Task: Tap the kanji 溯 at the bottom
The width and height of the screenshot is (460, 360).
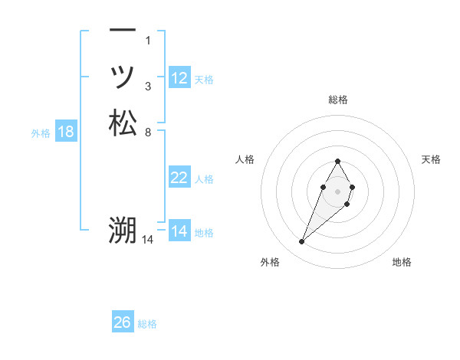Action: pos(123,231)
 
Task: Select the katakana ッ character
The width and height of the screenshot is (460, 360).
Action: pos(123,76)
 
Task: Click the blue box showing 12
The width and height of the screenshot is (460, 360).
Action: pos(179,78)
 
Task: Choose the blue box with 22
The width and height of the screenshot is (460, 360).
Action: pos(179,178)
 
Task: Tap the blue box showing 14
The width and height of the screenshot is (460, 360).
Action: pos(179,231)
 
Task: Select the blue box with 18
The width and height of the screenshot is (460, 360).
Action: pos(66,132)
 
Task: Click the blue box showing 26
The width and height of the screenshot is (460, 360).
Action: pos(123,322)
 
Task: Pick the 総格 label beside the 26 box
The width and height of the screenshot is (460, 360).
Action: pos(147,324)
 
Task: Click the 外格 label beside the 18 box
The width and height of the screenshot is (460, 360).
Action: pos(41,133)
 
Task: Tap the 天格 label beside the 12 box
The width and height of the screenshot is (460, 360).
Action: pos(204,80)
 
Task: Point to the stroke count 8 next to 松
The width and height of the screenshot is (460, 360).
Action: pos(147,132)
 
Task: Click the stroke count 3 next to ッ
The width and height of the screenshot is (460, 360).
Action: pos(147,86)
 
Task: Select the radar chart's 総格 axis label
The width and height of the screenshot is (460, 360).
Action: pos(338,100)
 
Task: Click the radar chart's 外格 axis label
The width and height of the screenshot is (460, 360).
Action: pos(270,262)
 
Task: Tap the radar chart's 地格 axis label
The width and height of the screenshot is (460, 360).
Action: pos(402,262)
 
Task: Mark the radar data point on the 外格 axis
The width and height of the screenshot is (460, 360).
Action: pos(302,242)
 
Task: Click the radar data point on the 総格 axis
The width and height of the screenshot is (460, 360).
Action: pos(338,162)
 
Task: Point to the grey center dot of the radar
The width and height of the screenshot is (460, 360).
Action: pos(338,191)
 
